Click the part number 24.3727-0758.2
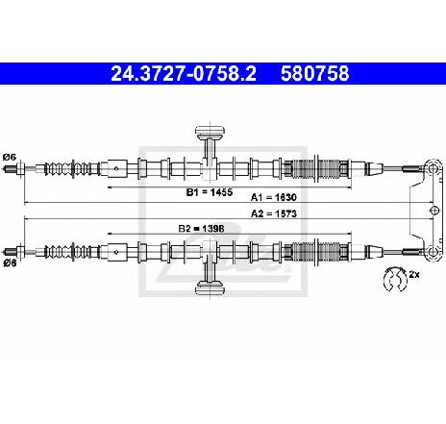tap(184, 74)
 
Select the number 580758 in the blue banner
tap(315, 74)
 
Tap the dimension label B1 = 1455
tap(210, 192)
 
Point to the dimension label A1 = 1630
tap(274, 197)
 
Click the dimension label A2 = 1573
tap(274, 213)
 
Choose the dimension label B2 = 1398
tap(201, 229)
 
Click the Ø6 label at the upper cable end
tap(10, 158)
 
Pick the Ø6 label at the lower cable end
tap(10, 263)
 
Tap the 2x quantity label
tap(414, 274)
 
